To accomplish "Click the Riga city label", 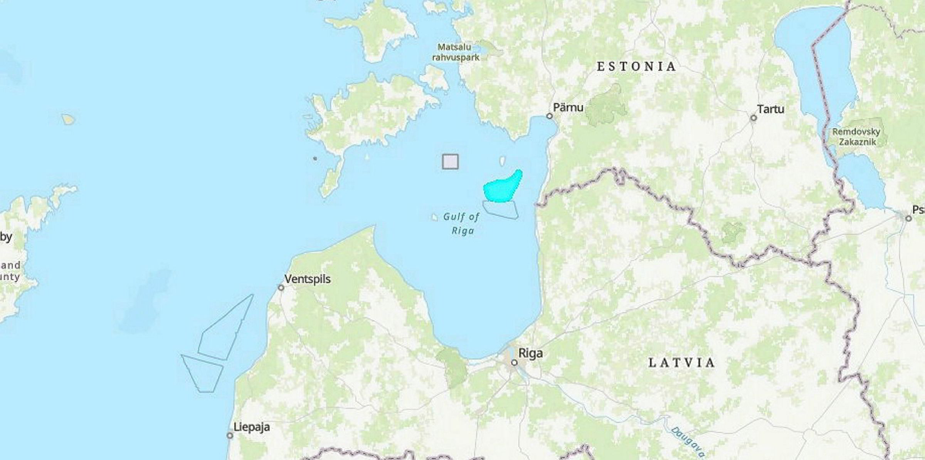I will pos(531,353).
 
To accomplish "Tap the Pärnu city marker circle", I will pos(550,116).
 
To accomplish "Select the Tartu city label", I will pos(770,109).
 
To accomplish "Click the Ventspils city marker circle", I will pos(281,288).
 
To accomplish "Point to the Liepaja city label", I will pos(252,427).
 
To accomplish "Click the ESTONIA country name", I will pos(637,67).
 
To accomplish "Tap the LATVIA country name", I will pos(682,363).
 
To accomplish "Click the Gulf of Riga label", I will pos(461,224).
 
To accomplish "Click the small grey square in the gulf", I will pos(450,162).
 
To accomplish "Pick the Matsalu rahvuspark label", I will pos(456,52).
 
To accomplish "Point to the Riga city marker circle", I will pos(514,363).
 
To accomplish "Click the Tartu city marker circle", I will pos(753,118).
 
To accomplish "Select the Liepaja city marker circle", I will pos(230,435).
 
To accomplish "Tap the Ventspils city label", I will pos(308,279).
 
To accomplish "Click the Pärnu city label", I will pos(568,107).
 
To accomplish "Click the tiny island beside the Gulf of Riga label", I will pos(434,217).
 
